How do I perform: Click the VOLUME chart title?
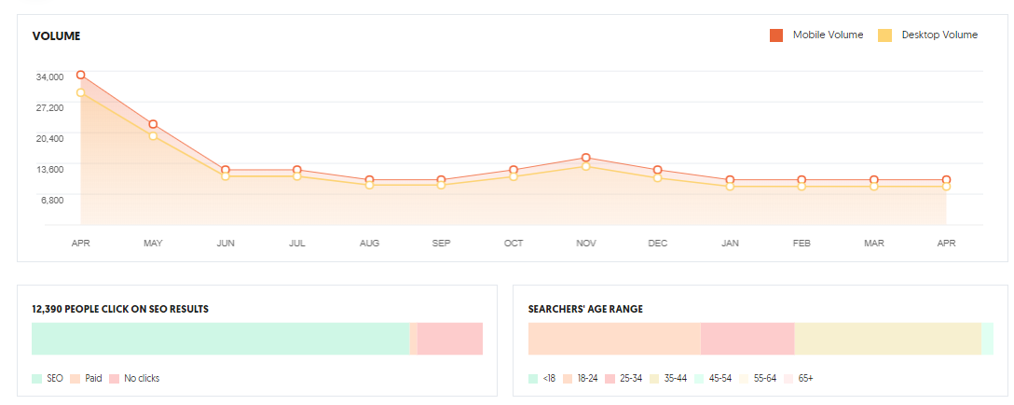coord(56,36)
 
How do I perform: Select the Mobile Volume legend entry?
coord(816,35)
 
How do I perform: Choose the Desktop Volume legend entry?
coord(928,35)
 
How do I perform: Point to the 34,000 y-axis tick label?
coord(49,77)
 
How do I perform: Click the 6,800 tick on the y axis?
coord(50,200)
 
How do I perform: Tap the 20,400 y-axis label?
coord(49,138)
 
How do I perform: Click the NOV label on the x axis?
coord(586,244)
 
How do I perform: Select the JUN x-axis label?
coord(226,244)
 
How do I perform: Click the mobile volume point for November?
coord(586,158)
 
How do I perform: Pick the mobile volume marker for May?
coord(153,124)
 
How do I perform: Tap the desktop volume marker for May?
coord(153,136)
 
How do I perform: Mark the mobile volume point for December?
coord(658,170)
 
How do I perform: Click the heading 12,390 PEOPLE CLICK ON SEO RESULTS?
coord(119,309)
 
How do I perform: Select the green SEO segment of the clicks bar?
coord(220,339)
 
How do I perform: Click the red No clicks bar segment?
coord(449,339)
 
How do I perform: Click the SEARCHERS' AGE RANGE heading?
coord(584,309)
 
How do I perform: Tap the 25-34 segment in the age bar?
coord(747,339)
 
